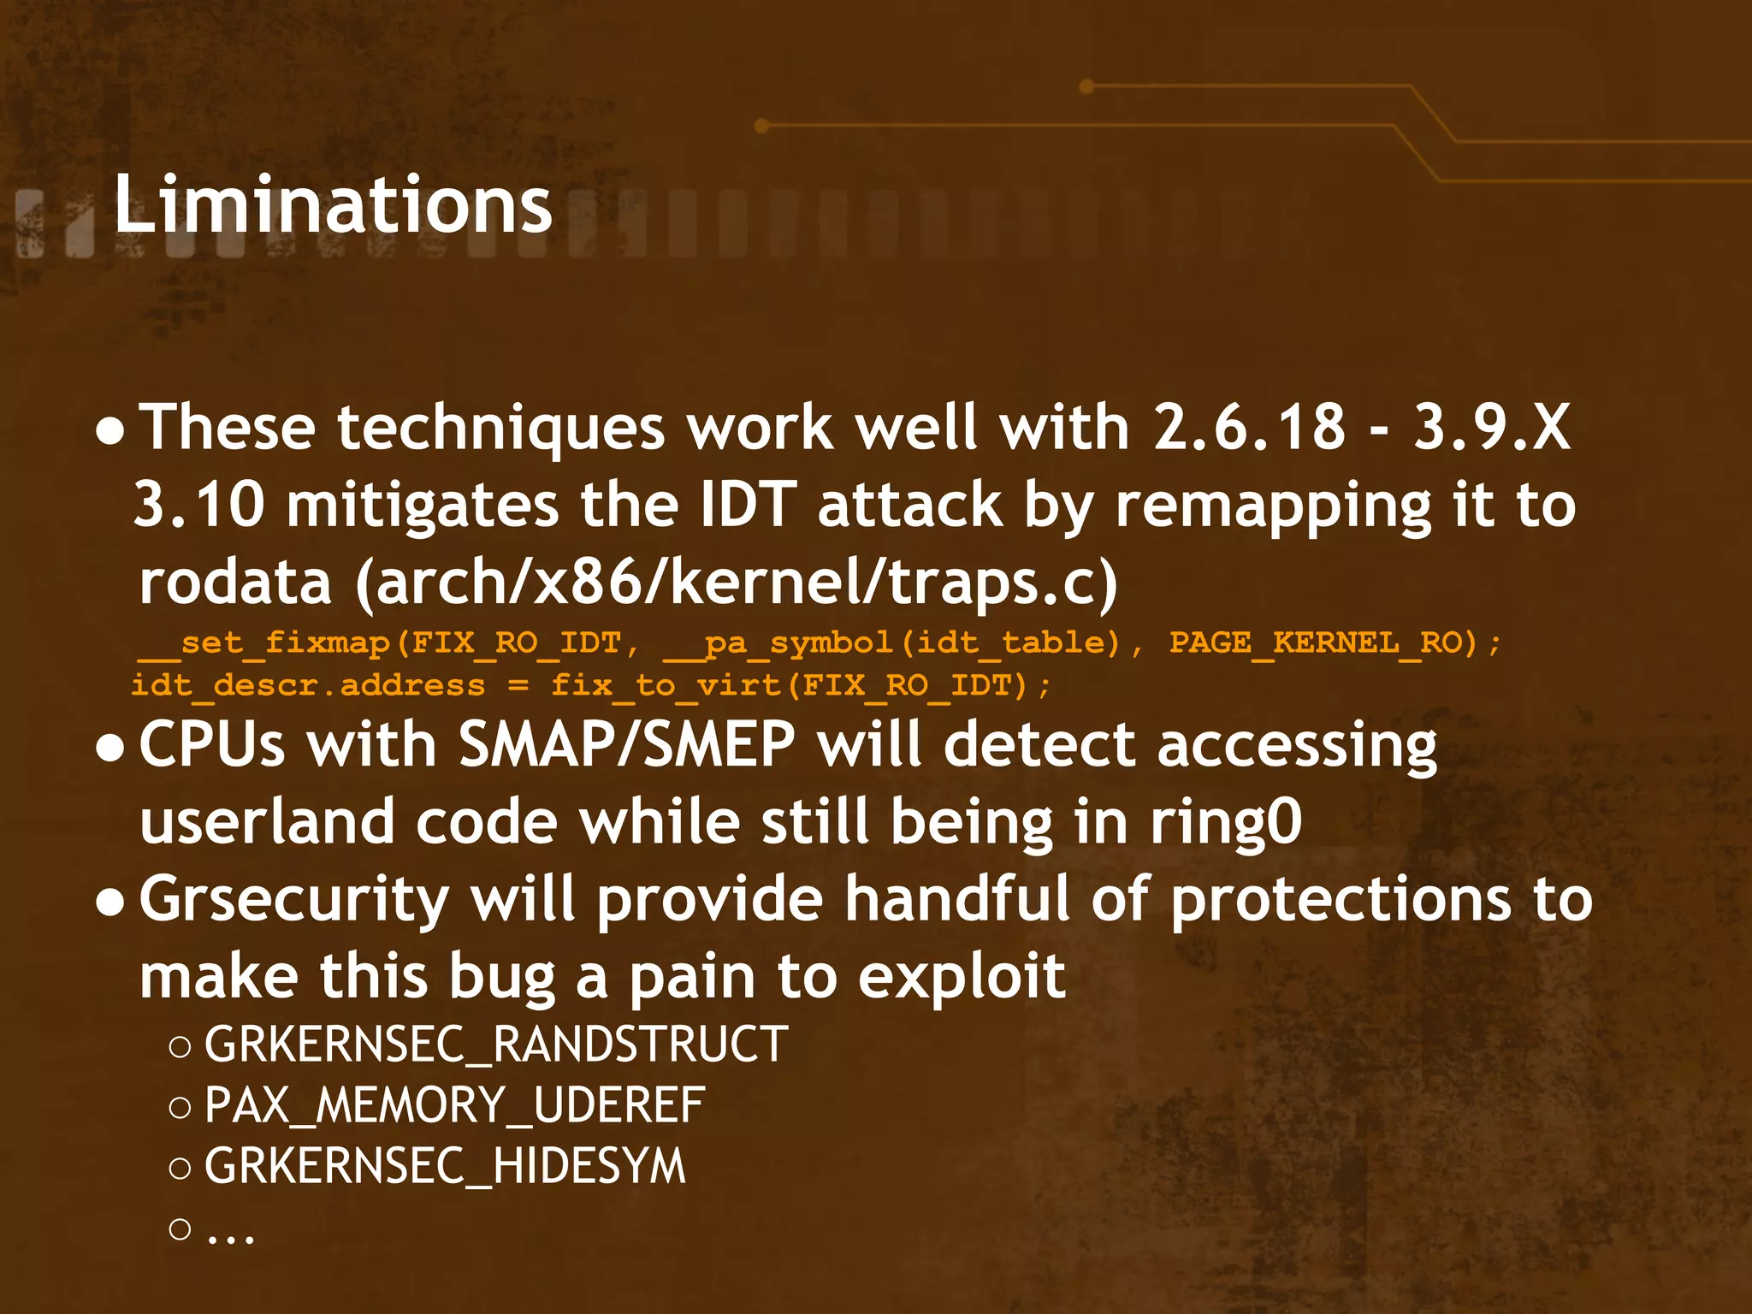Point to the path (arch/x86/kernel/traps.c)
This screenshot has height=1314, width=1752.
[736, 582]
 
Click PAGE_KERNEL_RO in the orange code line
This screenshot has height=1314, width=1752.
[1322, 642]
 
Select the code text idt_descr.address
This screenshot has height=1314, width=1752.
[308, 685]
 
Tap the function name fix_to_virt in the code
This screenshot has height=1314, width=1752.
[666, 685]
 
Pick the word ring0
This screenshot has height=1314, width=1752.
[1225, 822]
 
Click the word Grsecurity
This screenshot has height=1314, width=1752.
[293, 900]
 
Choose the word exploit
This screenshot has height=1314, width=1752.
[962, 976]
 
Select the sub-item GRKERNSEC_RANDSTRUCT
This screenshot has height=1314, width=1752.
[496, 1045]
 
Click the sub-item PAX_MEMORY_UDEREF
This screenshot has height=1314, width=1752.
[454, 1105]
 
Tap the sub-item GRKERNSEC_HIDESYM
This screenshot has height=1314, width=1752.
[445, 1166]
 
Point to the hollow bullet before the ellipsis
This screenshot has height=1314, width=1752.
[180, 1229]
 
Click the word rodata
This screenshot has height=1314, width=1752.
[235, 582]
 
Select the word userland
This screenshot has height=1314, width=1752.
[266, 822]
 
